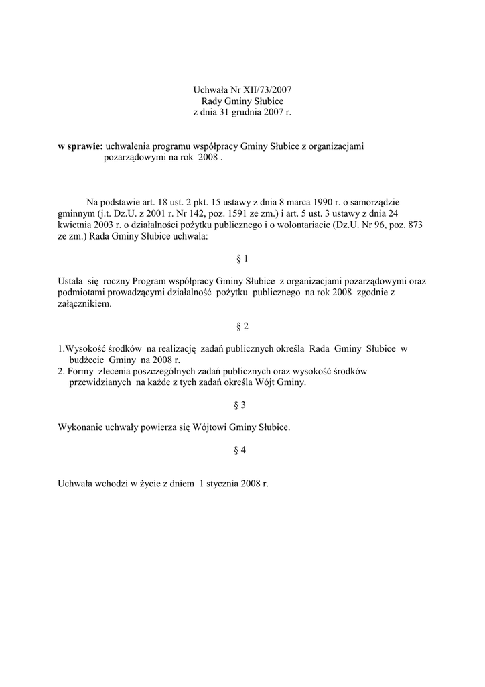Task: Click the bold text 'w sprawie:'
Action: [x=80, y=146]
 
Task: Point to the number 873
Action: [x=415, y=225]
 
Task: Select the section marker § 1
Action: [x=242, y=258]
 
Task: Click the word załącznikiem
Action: [x=85, y=304]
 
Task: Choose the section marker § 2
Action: [x=242, y=326]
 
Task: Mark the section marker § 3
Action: [x=240, y=405]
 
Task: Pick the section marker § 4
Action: [x=240, y=450]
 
